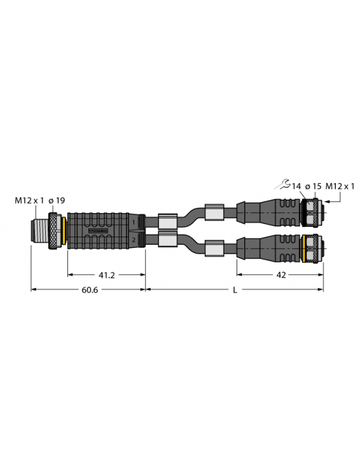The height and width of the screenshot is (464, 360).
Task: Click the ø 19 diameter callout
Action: [58, 201]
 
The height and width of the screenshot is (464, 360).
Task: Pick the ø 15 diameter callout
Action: [312, 186]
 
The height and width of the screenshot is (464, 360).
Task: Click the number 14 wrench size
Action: [296, 186]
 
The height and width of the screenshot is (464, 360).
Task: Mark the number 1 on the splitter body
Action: [134, 222]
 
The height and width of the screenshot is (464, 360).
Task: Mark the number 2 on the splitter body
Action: [134, 240]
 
